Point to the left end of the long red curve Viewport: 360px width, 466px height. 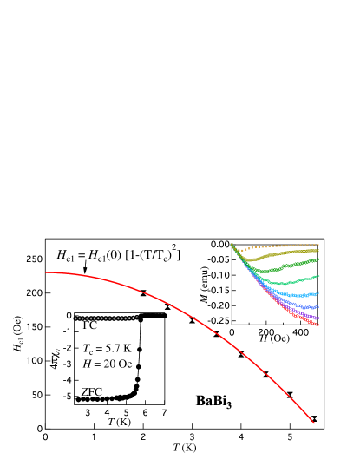tap(46, 272)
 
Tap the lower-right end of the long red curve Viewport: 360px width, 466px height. tap(314, 423)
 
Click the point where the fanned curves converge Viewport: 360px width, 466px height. tap(232, 245)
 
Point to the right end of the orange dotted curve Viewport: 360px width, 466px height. tap(318, 245)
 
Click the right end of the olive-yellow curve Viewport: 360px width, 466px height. tap(318, 251)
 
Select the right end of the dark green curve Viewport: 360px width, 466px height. tap(318, 259)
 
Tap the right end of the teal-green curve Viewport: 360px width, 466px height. tap(318, 276)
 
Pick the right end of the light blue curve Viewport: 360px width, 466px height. tap(318, 293)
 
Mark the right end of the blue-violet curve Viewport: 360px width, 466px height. tap(318, 306)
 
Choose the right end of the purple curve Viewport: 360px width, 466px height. tap(318, 318)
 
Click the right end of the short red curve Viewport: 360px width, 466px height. tap(318, 325)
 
